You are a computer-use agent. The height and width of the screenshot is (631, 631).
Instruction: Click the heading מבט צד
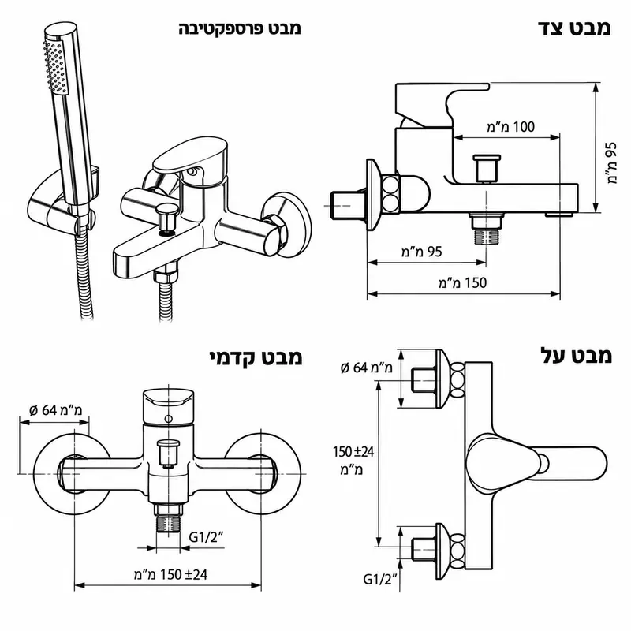click(x=574, y=28)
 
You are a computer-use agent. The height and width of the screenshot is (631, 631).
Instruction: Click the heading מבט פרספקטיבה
click(x=240, y=28)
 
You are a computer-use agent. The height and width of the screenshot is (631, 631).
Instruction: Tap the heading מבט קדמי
click(x=256, y=357)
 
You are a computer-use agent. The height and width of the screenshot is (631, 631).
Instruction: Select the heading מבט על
click(x=577, y=356)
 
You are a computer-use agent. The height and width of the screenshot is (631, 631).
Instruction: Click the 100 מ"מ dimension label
click(x=510, y=127)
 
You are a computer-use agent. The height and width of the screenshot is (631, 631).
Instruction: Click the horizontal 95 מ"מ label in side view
click(x=421, y=252)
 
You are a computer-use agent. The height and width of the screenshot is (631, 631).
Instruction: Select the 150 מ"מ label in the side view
click(x=462, y=282)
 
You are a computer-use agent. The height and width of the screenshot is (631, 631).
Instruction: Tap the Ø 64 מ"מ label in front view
click(x=56, y=410)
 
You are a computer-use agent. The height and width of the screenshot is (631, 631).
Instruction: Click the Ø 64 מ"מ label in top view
click(x=366, y=368)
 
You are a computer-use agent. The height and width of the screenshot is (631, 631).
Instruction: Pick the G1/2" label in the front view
click(x=206, y=537)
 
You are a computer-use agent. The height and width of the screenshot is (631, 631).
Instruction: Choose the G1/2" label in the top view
click(x=380, y=579)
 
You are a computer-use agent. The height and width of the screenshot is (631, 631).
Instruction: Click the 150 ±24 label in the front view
click(x=170, y=574)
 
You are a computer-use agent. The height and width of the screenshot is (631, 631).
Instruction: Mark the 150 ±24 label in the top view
click(x=353, y=461)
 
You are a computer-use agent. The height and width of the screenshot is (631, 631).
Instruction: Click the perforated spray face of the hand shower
click(x=55, y=67)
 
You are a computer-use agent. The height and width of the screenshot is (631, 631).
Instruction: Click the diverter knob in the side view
click(x=487, y=169)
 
